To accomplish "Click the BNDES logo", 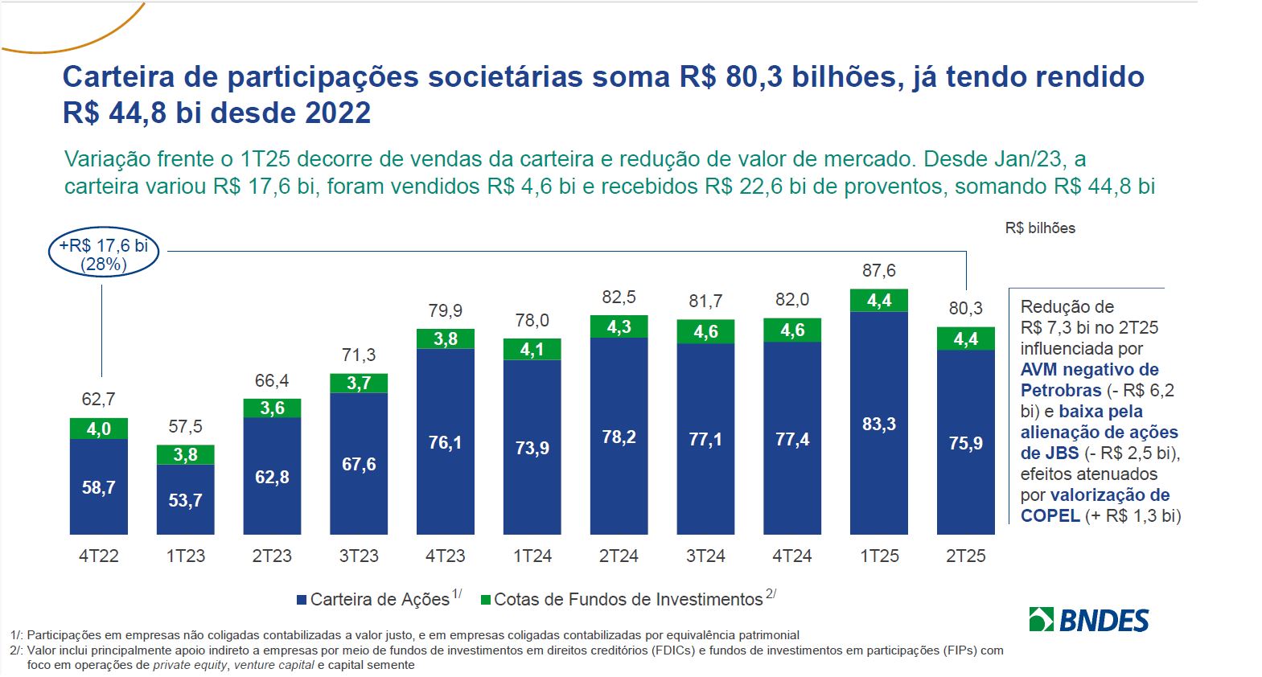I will click(x=1089, y=620).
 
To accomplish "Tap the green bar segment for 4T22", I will click(x=99, y=429).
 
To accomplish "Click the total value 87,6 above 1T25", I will click(x=878, y=271).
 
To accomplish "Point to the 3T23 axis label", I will click(x=359, y=556).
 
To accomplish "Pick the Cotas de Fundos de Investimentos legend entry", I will click(x=627, y=600).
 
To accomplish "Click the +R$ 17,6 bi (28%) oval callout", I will click(x=104, y=254).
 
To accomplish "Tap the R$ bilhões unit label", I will click(x=1039, y=228).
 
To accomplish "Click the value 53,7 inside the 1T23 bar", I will click(x=186, y=501).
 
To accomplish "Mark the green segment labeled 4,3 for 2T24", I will click(x=619, y=327).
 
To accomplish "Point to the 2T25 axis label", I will click(x=965, y=556).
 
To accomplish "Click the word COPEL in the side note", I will click(x=1050, y=516).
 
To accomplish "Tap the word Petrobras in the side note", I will click(x=1060, y=391).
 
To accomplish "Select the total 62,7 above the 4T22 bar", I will click(x=99, y=400).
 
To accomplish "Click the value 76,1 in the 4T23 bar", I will click(x=445, y=443).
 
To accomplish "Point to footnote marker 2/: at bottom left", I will click(x=16, y=650).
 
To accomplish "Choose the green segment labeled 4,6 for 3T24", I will click(x=705, y=332).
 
